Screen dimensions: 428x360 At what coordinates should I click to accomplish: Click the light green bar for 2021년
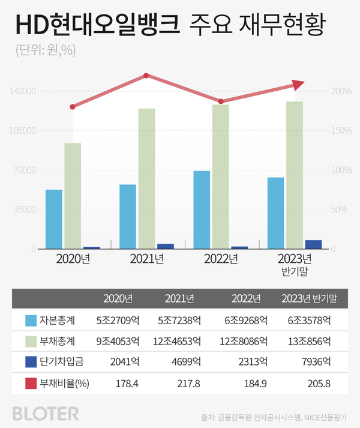tap(146, 178)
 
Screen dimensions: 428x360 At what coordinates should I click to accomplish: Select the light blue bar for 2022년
tap(202, 209)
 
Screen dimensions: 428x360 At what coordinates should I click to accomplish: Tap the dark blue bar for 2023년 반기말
tap(313, 244)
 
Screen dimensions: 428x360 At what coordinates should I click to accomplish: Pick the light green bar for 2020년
tap(73, 195)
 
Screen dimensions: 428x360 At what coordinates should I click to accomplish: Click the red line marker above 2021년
tap(146, 76)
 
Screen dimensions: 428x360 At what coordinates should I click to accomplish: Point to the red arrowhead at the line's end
tap(298, 85)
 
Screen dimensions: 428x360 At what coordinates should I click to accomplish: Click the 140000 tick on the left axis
tap(23, 91)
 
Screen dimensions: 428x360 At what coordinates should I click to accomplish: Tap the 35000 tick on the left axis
tap(25, 209)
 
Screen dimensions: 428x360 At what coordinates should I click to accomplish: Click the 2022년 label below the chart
tap(221, 259)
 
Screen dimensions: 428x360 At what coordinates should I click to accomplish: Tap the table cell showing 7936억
tap(316, 363)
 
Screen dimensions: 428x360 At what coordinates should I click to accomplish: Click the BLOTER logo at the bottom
tap(45, 413)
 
